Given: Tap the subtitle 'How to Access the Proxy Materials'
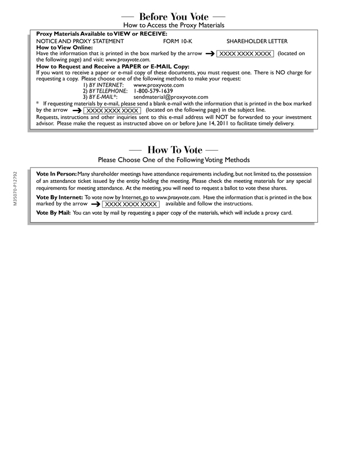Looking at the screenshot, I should pyautogui.click(x=173, y=25).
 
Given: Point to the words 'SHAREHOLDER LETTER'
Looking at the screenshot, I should pyautogui.click(x=257, y=41).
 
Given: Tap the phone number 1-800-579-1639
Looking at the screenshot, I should pyautogui.click(x=152, y=91).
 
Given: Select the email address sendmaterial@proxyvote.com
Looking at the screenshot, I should pyautogui.click(x=171, y=97).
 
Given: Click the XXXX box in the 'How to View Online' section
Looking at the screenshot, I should pyautogui.click(x=244, y=54).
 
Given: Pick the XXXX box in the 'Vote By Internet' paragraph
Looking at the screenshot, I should pyautogui.click(x=131, y=204).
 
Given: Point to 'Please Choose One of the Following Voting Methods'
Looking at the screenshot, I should pyautogui.click(x=173, y=159).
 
